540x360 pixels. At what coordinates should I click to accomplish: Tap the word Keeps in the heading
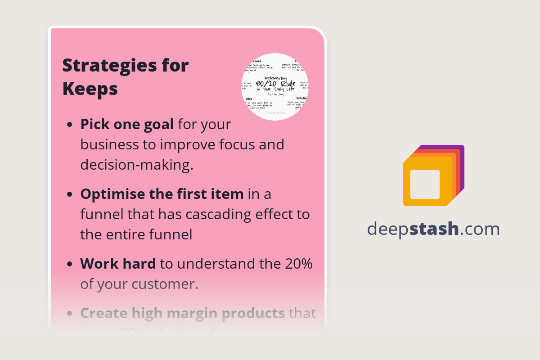[90, 89]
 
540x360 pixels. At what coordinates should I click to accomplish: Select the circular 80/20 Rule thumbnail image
[275, 87]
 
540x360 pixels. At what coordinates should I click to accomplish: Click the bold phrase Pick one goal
[127, 124]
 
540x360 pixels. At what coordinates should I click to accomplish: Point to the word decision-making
[137, 165]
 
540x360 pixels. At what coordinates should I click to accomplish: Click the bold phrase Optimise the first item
[162, 194]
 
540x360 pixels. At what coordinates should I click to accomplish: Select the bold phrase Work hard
[118, 264]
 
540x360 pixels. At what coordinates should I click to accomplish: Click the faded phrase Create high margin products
[183, 313]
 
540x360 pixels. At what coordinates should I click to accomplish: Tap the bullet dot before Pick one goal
[69, 125]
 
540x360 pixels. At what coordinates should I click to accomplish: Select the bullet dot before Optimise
[69, 195]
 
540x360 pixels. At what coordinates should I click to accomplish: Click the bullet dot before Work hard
[69, 265]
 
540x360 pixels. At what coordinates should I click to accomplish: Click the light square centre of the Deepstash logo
[425, 184]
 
